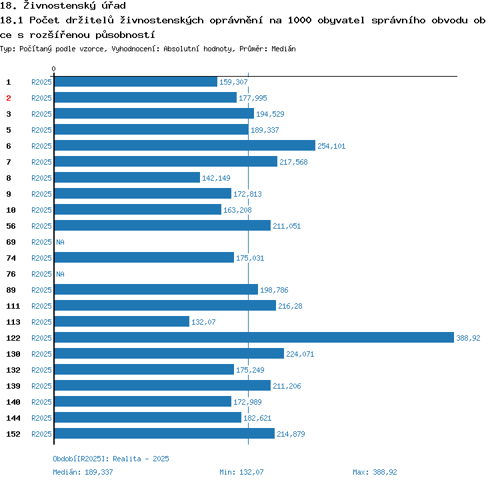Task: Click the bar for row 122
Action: coord(253,337)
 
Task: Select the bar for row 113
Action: coord(121,321)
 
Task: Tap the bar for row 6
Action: coord(184,145)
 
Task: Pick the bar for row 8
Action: coord(127,177)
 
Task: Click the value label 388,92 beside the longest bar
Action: coord(468,338)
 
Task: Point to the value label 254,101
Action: coord(331,146)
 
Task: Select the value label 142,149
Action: coord(216,178)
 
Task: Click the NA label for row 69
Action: coord(60,242)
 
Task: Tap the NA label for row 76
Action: coord(60,274)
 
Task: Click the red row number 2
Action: coord(9,98)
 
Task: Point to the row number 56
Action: coord(11,226)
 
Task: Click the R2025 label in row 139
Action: coord(41,386)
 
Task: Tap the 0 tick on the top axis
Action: coord(54,69)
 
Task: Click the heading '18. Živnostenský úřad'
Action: coord(63,6)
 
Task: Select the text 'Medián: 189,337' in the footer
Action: coord(83,472)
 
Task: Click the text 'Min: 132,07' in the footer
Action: coord(241,472)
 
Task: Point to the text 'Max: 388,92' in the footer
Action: coord(375,472)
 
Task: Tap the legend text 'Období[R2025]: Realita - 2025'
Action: coord(111,459)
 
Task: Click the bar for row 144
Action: coord(147,417)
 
